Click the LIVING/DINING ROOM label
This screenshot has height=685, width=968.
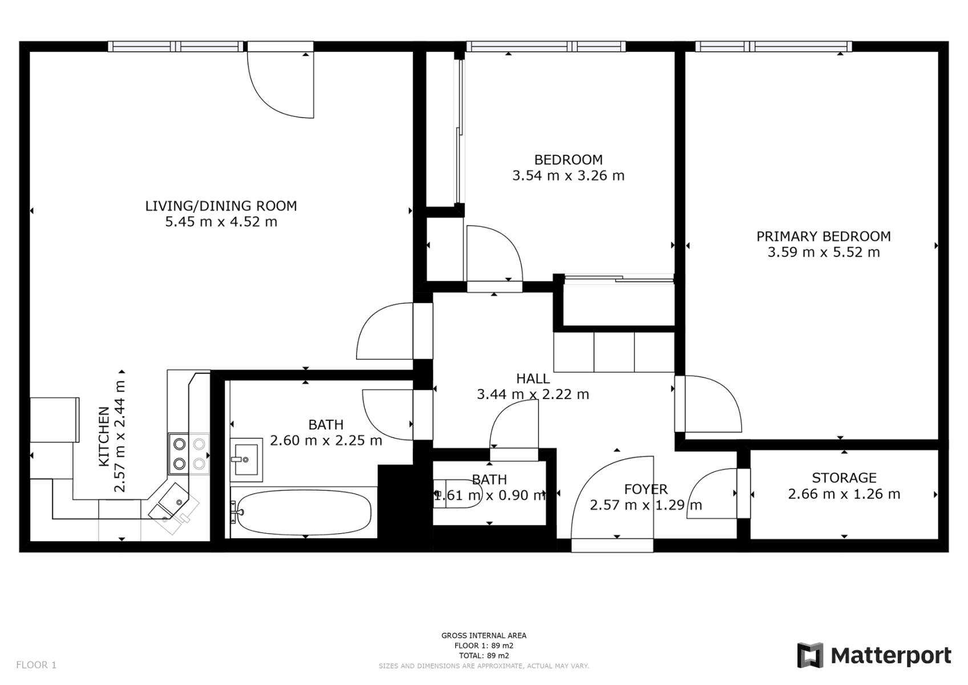(221, 206)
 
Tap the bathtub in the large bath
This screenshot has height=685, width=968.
(304, 512)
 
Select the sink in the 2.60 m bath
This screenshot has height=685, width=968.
(246, 459)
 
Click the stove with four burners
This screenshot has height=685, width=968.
(189, 454)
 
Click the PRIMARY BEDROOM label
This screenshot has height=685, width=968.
(823, 236)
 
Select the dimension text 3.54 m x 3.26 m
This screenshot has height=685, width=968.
(568, 176)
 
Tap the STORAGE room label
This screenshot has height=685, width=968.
(844, 478)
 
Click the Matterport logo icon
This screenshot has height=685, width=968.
(810, 655)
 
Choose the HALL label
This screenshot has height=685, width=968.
(533, 378)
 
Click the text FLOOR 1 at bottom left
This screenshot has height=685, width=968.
(37, 665)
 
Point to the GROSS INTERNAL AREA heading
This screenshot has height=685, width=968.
(484, 635)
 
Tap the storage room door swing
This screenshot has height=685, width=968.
(713, 494)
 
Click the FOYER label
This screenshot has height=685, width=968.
(646, 489)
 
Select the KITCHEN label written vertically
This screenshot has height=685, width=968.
(104, 436)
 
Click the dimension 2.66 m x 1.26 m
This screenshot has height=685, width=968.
(844, 494)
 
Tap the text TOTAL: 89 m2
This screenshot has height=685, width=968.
(484, 656)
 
